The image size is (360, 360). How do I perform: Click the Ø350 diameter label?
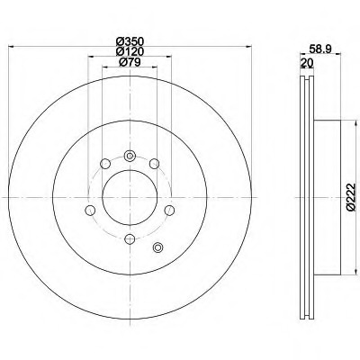click(130, 41)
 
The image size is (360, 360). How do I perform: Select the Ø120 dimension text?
click(130, 51)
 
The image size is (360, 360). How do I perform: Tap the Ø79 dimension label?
click(130, 62)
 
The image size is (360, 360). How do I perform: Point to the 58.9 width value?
click(320, 49)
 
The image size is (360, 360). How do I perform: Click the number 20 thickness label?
click(307, 63)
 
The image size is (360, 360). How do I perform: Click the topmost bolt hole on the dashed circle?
click(130, 156)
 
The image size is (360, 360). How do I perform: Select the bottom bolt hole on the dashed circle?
click(130, 239)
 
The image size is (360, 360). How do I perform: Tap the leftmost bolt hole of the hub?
click(90, 211)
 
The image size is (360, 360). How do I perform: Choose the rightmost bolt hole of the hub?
click(169, 211)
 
